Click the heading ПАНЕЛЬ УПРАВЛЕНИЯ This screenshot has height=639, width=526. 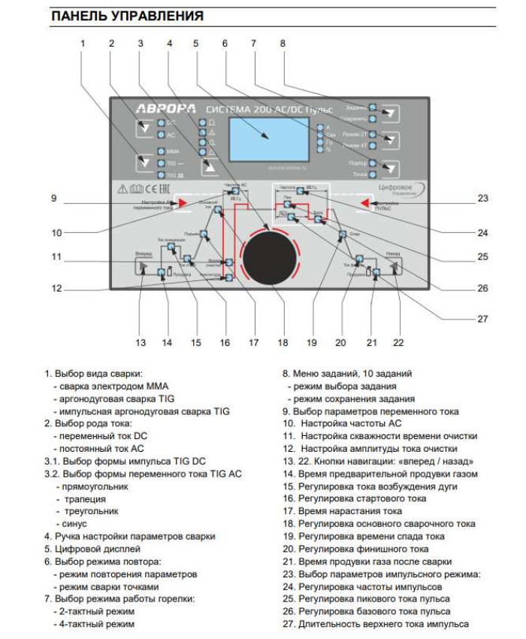127,16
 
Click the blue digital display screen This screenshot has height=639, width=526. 266,136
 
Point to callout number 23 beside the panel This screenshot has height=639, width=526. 482,198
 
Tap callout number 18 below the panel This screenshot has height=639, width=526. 283,343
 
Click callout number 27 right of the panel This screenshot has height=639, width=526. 482,318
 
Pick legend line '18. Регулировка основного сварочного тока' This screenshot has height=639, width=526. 379,524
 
